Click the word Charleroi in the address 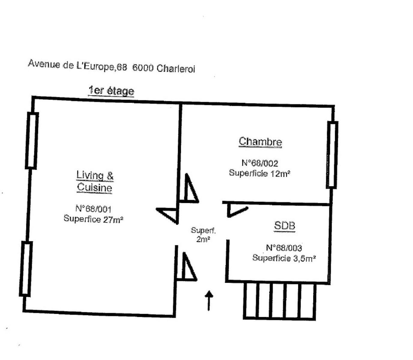176,69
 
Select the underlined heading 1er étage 111,91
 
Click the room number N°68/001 93,209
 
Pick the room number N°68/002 260,163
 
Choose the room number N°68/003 284,248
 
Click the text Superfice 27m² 93,219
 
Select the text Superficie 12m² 259,173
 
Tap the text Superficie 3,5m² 284,258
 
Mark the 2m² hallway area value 203,239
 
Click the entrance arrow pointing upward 209,301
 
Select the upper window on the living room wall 32,141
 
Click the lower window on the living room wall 26,269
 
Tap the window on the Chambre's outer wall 332,155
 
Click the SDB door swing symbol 237,211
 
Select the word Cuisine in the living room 94,187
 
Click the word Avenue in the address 44,64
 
